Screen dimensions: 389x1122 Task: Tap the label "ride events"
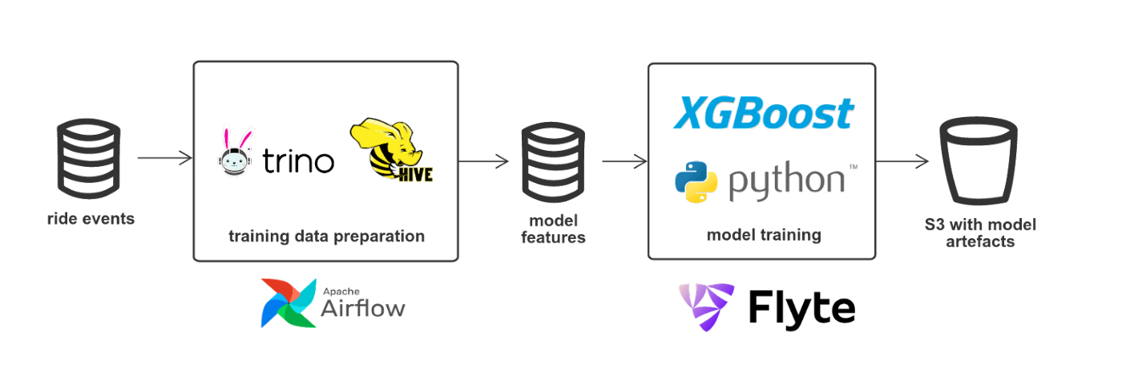[91, 218]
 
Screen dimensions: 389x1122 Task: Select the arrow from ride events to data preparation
[164, 158]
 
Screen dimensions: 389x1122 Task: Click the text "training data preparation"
[326, 237]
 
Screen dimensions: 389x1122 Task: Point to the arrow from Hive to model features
[484, 161]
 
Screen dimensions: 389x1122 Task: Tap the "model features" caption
[553, 229]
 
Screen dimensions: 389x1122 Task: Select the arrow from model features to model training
[624, 161]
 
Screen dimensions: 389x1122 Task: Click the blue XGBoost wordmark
[762, 114]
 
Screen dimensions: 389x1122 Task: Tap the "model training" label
[762, 236]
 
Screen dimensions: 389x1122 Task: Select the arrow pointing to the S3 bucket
[902, 161]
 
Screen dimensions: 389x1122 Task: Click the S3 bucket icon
[978, 161]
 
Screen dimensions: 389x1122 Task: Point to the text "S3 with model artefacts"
[979, 233]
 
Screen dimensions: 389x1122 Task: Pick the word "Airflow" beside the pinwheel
[362, 307]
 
